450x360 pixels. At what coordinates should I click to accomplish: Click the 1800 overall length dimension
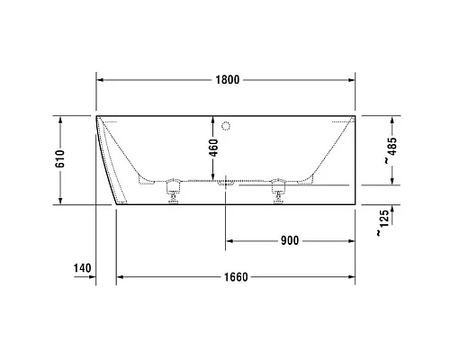pyautogui.click(x=228, y=80)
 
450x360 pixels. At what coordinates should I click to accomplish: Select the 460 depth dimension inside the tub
pyautogui.click(x=213, y=148)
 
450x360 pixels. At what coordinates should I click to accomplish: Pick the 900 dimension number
pyautogui.click(x=289, y=240)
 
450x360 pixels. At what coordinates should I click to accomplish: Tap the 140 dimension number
pyautogui.click(x=83, y=268)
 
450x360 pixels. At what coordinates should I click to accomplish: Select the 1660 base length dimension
pyautogui.click(x=235, y=276)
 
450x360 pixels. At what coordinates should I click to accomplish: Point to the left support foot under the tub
pyautogui.click(x=172, y=193)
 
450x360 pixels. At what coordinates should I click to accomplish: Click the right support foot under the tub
pyautogui.click(x=277, y=193)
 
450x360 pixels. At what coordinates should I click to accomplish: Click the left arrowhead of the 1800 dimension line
pyautogui.click(x=100, y=80)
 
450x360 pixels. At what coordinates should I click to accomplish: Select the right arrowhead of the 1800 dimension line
pyautogui.click(x=352, y=80)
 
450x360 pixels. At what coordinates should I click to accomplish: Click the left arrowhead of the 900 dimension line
pyautogui.click(x=229, y=240)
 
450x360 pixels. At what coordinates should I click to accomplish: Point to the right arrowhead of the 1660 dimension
pyautogui.click(x=352, y=276)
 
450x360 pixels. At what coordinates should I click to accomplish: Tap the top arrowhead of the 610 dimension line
pyautogui.click(x=60, y=119)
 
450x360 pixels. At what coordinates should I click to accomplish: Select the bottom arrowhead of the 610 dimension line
pyautogui.click(x=60, y=201)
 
